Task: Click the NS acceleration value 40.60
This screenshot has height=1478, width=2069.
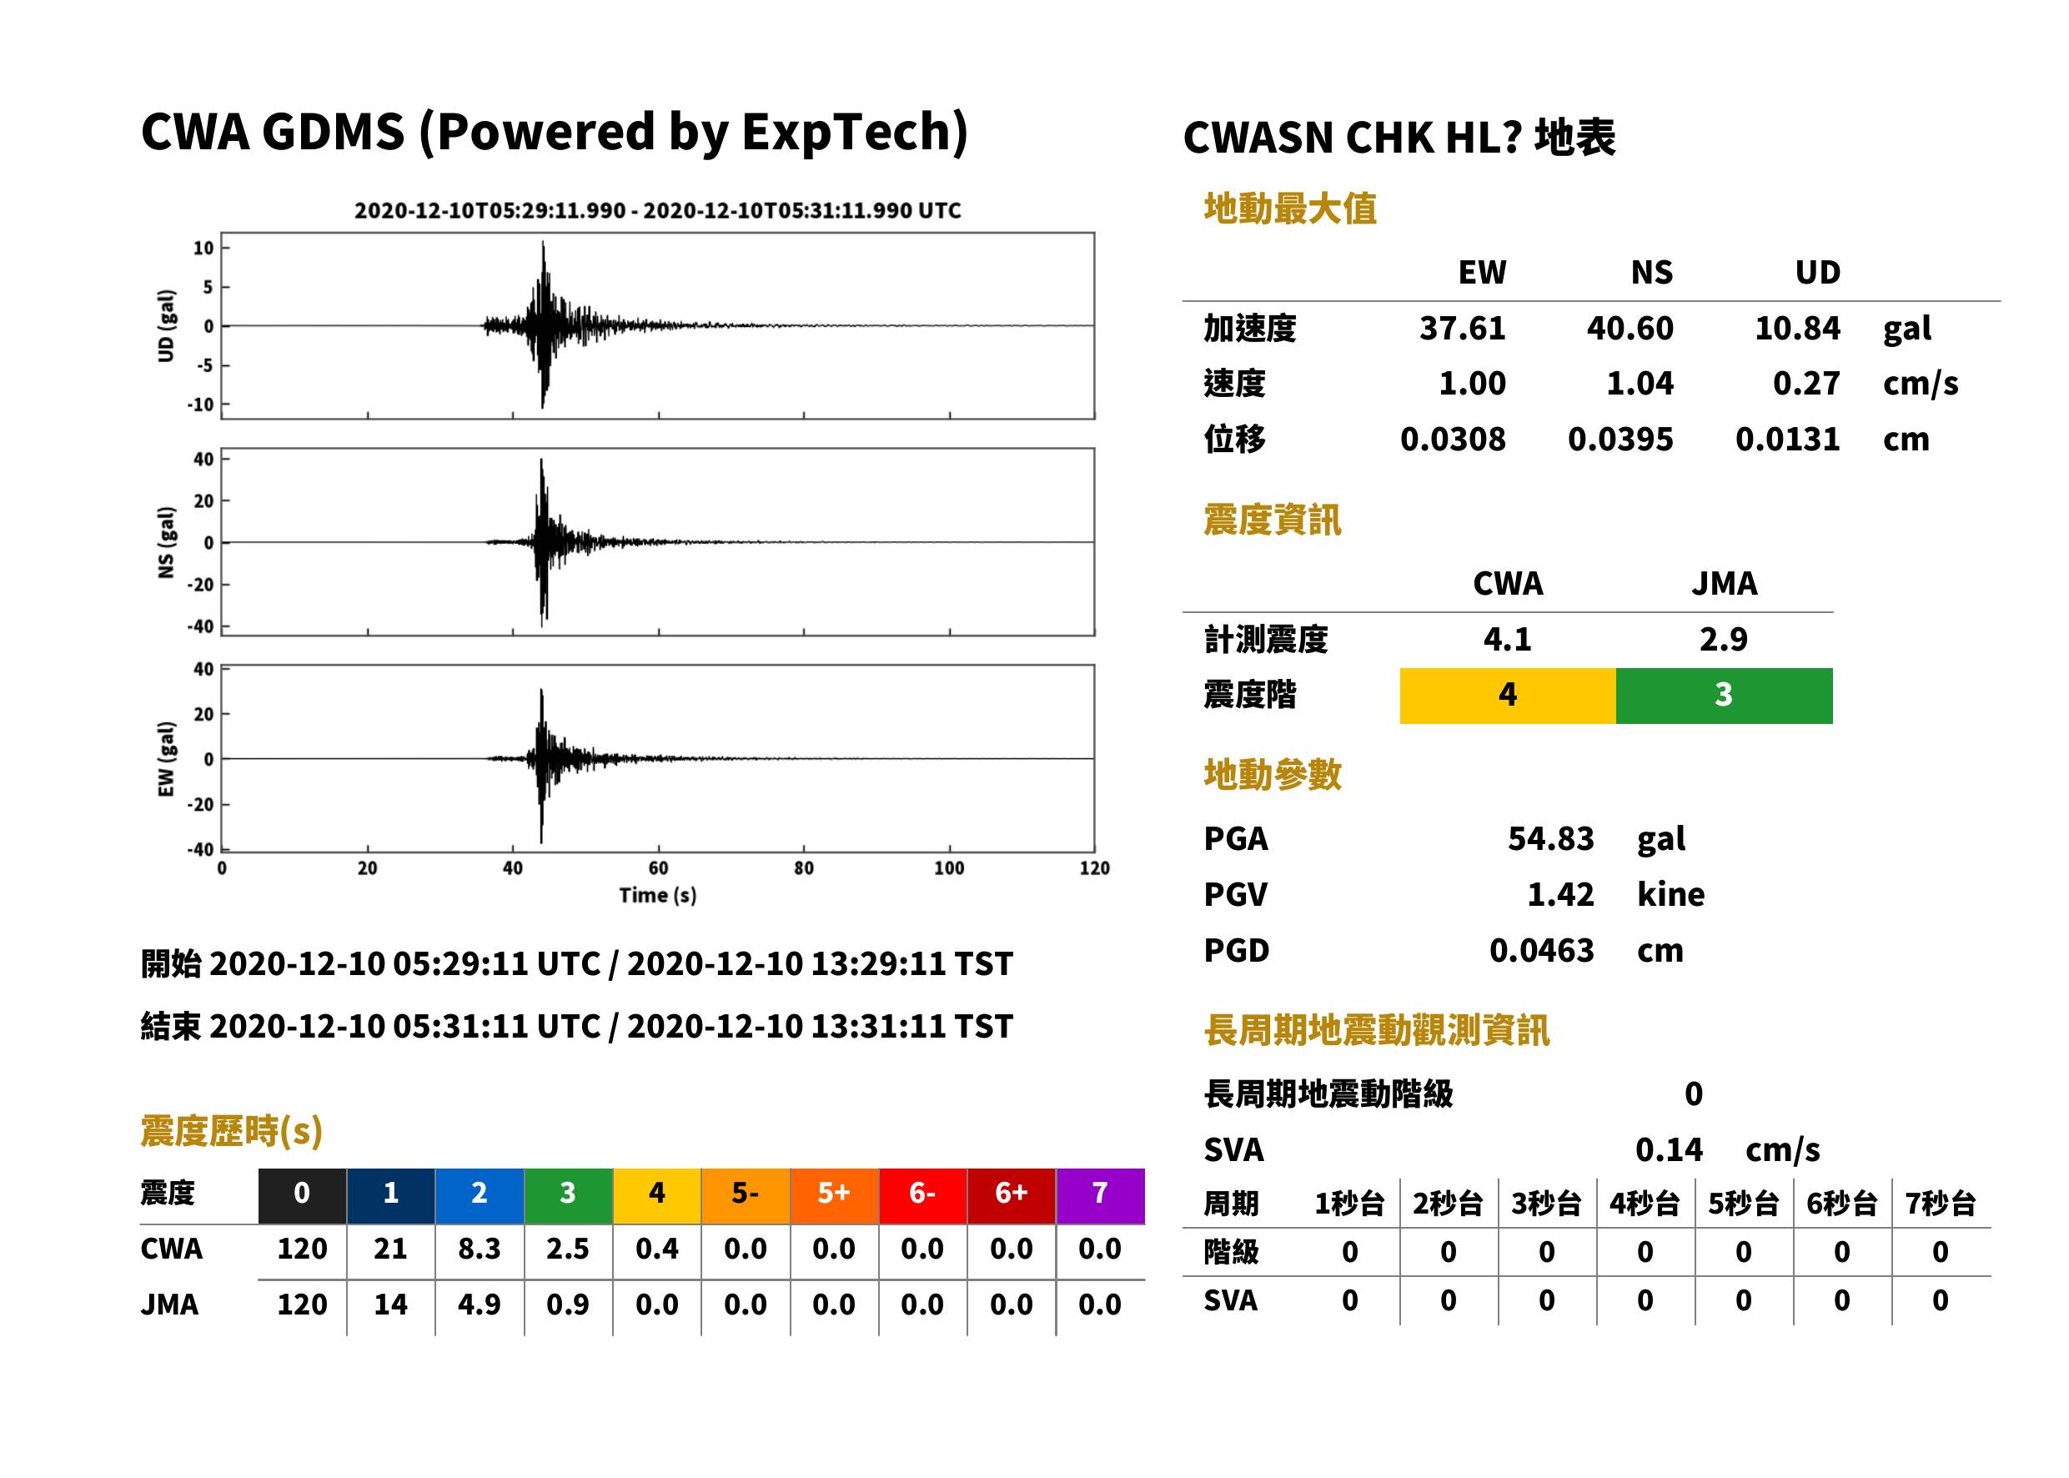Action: click(1630, 329)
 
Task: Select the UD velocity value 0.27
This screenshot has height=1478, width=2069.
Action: click(1806, 384)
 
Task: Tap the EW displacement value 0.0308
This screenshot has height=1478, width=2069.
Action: click(1452, 440)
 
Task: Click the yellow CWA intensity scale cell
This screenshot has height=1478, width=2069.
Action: click(1508, 696)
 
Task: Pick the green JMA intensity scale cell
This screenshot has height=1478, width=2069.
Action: click(1725, 696)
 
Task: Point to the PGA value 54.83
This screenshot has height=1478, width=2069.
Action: click(1550, 838)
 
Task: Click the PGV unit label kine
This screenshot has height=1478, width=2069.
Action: click(1670, 895)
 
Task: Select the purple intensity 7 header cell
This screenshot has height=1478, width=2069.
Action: click(1100, 1195)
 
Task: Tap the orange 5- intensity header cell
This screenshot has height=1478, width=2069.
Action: click(746, 1195)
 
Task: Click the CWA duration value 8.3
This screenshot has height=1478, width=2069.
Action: click(480, 1249)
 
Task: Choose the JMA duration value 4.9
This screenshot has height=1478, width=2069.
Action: click(480, 1305)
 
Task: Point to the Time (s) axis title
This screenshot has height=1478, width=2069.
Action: click(658, 896)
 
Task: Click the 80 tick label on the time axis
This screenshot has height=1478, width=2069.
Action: click(803, 868)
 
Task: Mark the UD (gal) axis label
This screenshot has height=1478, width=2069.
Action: click(166, 326)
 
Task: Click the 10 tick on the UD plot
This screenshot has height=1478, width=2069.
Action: click(203, 248)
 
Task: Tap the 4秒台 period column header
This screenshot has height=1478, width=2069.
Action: click(1644, 1204)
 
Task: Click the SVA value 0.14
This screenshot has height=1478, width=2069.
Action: click(1669, 1150)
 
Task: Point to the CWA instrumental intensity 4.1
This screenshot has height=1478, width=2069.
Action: click(1508, 640)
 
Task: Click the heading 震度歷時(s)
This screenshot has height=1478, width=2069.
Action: click(232, 1131)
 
